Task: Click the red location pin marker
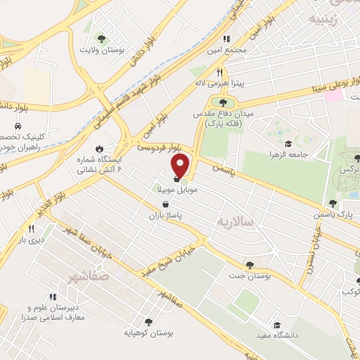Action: coord(181,166)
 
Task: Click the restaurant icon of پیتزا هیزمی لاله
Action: coord(219,72)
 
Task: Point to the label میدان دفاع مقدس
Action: coord(223,114)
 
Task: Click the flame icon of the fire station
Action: coord(100,148)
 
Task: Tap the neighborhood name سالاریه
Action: coord(233,221)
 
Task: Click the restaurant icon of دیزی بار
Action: coord(30,229)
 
